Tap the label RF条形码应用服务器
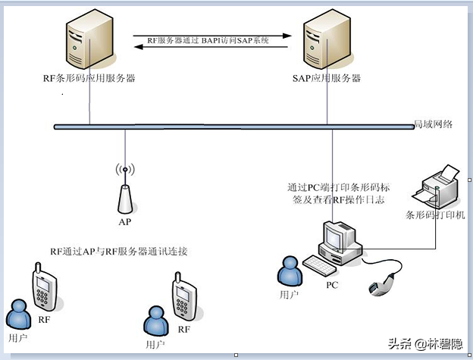89,78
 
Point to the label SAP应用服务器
327,78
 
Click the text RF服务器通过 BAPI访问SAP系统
208,39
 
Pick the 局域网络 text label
433,124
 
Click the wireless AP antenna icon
125,189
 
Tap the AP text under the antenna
125,223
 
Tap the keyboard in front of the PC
323,265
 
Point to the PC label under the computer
332,286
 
